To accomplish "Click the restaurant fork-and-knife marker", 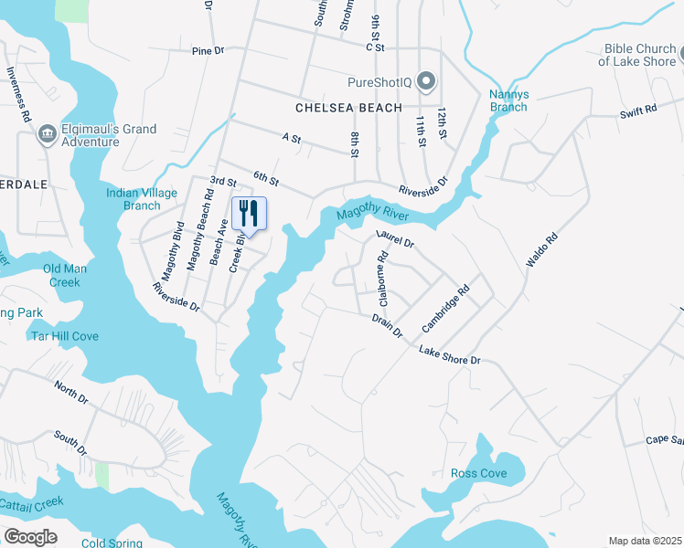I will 249,215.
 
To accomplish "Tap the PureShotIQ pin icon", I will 425,82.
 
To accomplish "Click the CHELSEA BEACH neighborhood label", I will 348,108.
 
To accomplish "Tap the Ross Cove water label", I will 478,473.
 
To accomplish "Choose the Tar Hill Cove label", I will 65,336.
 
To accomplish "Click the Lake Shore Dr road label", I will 450,355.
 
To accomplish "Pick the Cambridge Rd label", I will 445,308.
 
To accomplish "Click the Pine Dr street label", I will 208,51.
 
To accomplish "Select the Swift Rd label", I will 638,111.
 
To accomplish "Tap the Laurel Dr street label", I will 395,241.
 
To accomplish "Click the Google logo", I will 30,536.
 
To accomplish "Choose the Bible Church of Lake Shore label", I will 637,55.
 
